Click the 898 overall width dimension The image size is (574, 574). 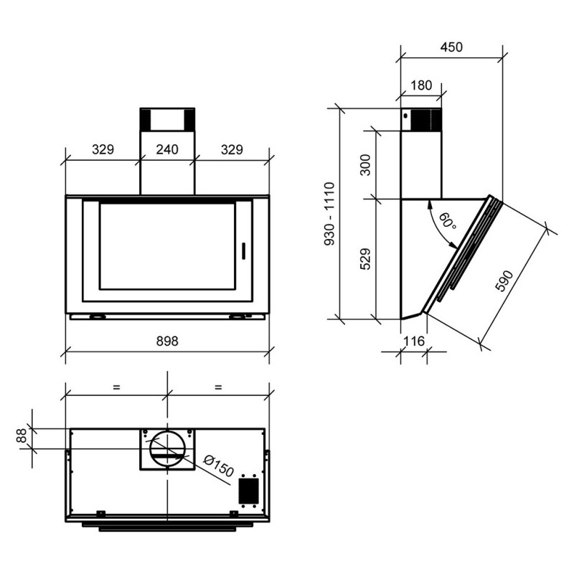coord(166,342)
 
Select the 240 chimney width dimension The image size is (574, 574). coord(166,150)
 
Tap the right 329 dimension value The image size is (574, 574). coord(231,150)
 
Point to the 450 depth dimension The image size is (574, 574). coord(451,47)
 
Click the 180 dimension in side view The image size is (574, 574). coord(421,85)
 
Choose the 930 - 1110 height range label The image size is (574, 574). coord(329,215)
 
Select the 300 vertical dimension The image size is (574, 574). coord(364,165)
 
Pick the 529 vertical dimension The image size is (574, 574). coord(364,259)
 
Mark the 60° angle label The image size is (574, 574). coord(446,222)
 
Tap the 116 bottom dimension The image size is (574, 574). coord(414,341)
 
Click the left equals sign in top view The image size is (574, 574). coord(116,387)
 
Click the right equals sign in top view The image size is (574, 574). coord(218,387)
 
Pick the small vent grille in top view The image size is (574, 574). coord(248,491)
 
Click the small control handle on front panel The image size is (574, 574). coord(243,250)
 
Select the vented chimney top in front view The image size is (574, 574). coord(166,119)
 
